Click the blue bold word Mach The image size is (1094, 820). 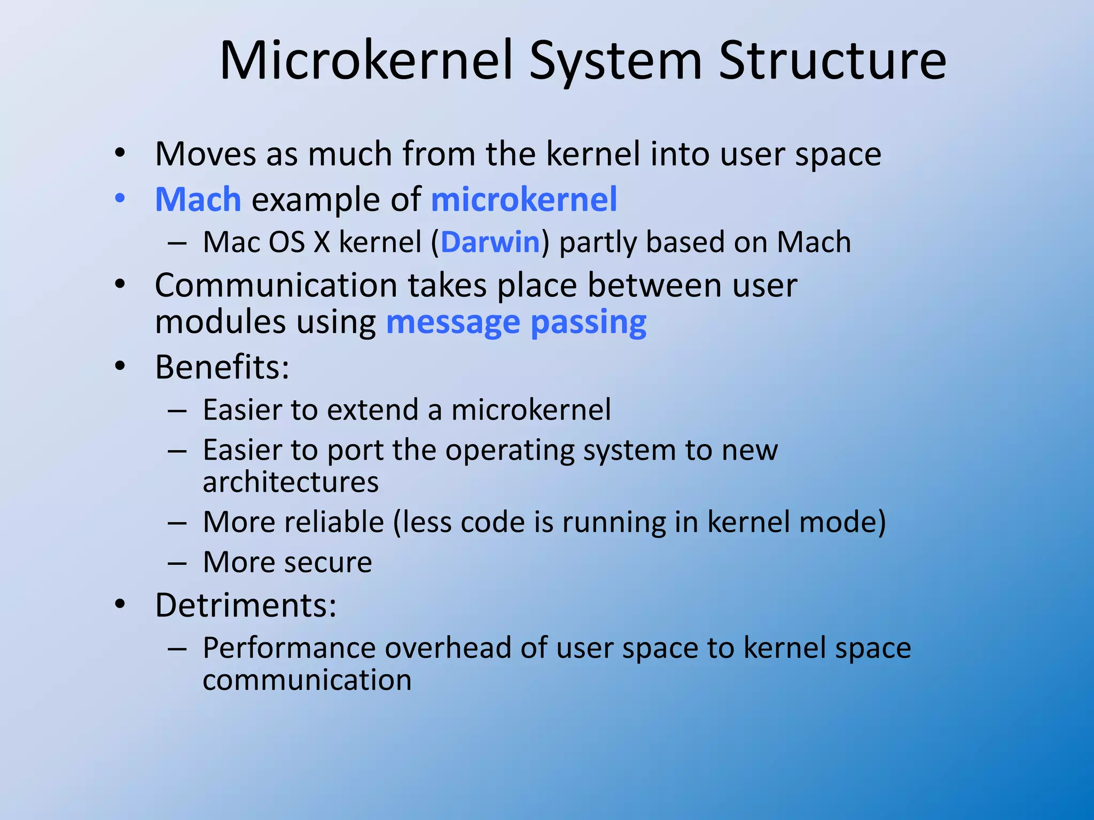coord(198,200)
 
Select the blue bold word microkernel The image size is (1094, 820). coord(523,200)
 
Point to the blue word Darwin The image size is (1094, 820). coord(490,242)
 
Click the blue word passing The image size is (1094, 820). coord(588,323)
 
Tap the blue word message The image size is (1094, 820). coord(452,323)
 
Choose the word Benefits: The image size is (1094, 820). coord(222,367)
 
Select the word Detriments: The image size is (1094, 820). coord(246,605)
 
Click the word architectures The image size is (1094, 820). coord(291,482)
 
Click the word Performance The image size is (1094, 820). coord(289,648)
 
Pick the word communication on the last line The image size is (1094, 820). coord(307,680)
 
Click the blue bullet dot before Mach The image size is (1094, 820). coord(120,199)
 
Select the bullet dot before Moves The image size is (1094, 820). coord(120,153)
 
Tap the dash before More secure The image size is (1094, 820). coord(177,563)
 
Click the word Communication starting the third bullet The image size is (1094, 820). coord(276,286)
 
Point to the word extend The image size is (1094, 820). coord(373,410)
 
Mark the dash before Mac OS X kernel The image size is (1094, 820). coord(177,243)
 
